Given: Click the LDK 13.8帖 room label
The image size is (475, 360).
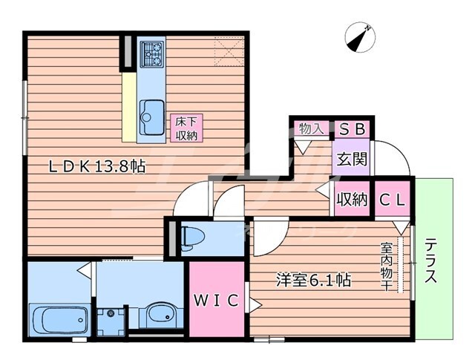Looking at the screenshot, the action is (97, 166).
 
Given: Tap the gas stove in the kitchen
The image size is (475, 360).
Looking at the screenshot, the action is (151, 54).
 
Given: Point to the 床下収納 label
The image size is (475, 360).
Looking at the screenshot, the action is (186, 128).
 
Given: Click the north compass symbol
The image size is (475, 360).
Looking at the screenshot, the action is (360, 38).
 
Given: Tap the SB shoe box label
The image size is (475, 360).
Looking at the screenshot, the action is (352, 129).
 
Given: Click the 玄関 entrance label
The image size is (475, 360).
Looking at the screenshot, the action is (351, 158).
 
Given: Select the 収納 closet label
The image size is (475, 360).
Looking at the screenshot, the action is (352, 200).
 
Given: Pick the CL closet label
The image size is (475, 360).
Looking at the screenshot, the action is (393, 200).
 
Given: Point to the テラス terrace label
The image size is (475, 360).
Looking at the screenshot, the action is (430, 261).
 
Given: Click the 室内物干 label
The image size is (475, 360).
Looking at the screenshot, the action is (386, 266).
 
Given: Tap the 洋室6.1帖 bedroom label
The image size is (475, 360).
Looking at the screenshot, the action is (314, 280).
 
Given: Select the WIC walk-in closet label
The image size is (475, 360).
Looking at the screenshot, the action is (216, 301).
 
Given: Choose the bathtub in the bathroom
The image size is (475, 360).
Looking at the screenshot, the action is (59, 320).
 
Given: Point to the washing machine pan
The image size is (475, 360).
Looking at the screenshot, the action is (111, 321).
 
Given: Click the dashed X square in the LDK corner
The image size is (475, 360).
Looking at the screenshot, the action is (229, 51).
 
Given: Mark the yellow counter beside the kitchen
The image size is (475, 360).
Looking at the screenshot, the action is (129, 107).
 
